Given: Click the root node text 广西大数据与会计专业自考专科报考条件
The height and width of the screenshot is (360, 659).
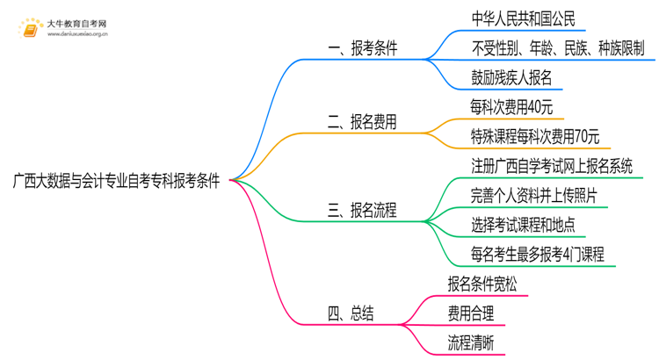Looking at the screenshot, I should pos(115,181).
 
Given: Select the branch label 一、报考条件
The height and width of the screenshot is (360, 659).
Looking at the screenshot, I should pos(362,49).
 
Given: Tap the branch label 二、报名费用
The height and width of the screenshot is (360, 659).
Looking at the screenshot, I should pos(362,123).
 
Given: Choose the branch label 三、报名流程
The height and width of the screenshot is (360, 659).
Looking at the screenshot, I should pos(362,211).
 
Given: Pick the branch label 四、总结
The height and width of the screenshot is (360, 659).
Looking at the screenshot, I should pos(350,313).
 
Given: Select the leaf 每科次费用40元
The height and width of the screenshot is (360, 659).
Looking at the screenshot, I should pos(511,107).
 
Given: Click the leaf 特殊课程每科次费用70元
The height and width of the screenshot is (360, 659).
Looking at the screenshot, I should pos(535,136).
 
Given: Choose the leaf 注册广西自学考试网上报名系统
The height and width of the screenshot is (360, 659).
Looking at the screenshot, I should pos(552,166).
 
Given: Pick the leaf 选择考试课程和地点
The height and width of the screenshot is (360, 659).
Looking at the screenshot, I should pos(523,225).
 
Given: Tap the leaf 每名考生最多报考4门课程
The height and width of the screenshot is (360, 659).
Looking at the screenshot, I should pos(538,255).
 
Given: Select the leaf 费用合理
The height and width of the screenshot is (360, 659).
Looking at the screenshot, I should pos(470,313).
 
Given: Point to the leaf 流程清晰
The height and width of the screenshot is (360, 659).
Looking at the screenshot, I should pos(470,343).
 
